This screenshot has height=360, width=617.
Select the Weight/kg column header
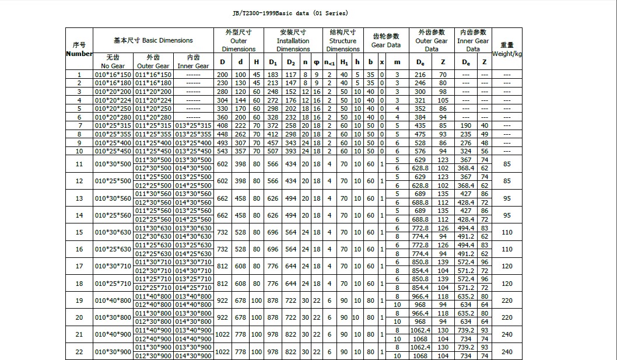coord(507,49)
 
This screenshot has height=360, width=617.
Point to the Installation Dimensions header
coord(293,41)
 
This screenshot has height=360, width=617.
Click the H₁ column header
coord(344,62)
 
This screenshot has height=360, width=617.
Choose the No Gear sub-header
coord(113,62)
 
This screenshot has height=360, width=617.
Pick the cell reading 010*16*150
coord(113,75)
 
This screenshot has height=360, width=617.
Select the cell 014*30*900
coord(193,356)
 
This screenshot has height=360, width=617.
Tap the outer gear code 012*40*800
coord(153,305)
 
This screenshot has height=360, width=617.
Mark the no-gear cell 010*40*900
coord(113,335)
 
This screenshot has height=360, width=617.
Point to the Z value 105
coord(443,100)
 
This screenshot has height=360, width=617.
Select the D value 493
coord(222,143)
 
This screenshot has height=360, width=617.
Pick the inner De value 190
coord(466,126)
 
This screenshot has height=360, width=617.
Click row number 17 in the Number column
coord(79,267)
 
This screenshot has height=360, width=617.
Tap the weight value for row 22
coord(507,352)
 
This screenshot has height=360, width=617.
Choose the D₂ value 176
coord(291,100)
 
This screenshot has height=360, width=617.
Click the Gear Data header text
coord(386,45)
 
